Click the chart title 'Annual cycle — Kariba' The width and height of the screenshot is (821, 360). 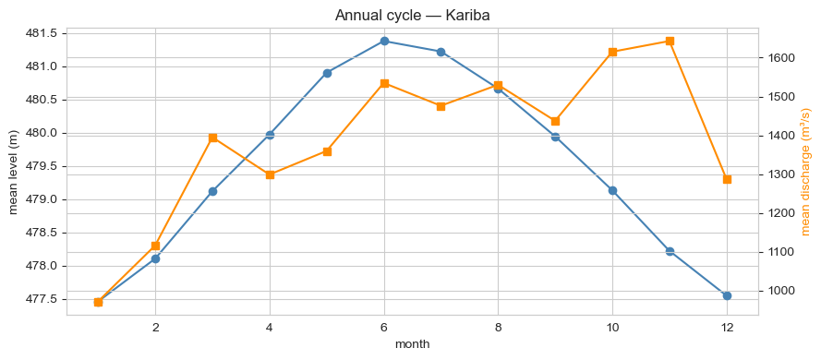[x=412, y=15]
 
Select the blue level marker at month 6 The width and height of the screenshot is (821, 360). [x=384, y=41]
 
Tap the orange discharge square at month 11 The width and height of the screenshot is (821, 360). [x=670, y=41]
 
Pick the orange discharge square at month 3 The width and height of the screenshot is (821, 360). [x=212, y=138]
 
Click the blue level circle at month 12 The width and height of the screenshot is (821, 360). [x=727, y=295]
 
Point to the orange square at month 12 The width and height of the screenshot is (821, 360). [x=727, y=179]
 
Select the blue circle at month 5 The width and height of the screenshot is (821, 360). [x=327, y=73]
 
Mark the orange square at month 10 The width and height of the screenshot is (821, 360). [x=612, y=53]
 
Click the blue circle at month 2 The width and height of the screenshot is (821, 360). [x=155, y=258]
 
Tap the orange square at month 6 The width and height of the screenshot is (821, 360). [x=384, y=83]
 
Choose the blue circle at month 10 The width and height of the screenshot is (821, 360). [x=612, y=190]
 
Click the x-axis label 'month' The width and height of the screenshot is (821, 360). [x=412, y=344]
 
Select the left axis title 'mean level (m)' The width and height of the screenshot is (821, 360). [x=14, y=173]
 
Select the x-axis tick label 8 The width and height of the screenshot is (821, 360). [x=498, y=327]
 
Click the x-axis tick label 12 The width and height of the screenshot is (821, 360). [x=727, y=327]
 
